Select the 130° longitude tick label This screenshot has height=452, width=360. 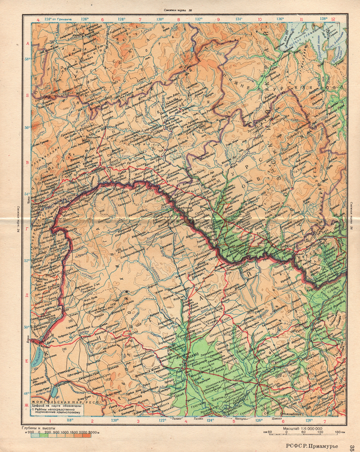coord(160,19)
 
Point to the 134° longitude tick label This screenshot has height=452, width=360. coord(239,19)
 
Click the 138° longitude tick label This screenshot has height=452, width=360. coord(324,19)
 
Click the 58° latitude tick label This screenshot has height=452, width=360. coord(27,58)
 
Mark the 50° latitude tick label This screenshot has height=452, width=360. coord(27,327)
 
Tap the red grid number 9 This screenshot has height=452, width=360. coord(218,19)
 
